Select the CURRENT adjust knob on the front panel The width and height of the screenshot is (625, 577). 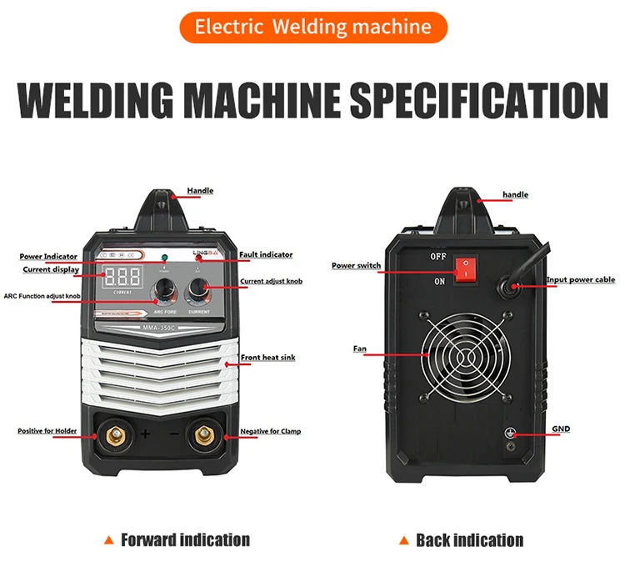pyautogui.click(x=198, y=289)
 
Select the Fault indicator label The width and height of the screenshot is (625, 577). pyautogui.click(x=266, y=254)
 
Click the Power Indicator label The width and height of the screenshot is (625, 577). pyautogui.click(x=49, y=257)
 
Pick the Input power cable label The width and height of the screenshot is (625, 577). pyautogui.click(x=581, y=280)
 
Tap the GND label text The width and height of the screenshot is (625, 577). pyautogui.click(x=561, y=429)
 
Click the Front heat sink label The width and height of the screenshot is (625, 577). pyautogui.click(x=267, y=358)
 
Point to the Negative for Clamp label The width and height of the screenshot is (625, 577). pyautogui.click(x=270, y=431)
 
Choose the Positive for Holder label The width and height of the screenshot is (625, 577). pyautogui.click(x=47, y=431)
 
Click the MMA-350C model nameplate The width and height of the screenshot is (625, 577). pyautogui.click(x=157, y=327)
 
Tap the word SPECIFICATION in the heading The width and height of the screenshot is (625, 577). pyautogui.click(x=478, y=100)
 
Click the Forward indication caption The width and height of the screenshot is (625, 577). pyautogui.click(x=185, y=540)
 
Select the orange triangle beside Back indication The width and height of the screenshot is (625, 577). pyautogui.click(x=403, y=540)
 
